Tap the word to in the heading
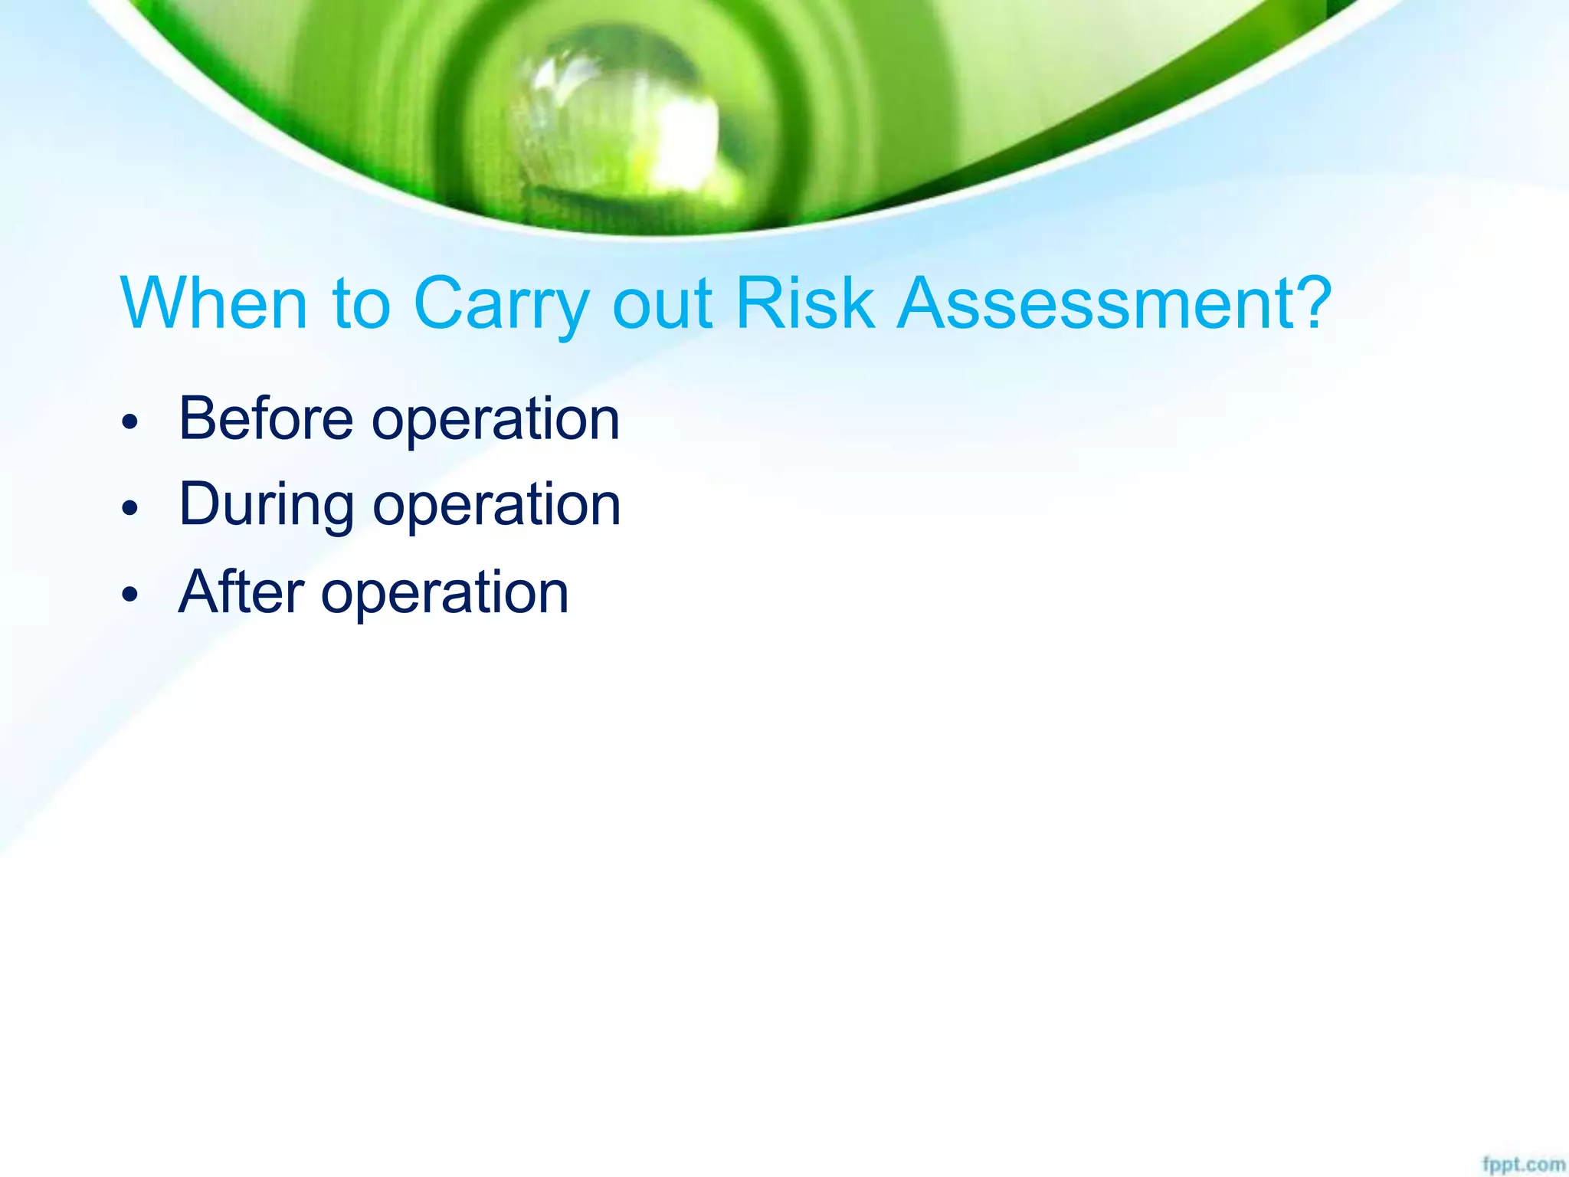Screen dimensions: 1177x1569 pyautogui.click(x=361, y=305)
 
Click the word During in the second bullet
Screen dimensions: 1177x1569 pyautogui.click(x=266, y=506)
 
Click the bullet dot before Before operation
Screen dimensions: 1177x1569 pyautogui.click(x=131, y=421)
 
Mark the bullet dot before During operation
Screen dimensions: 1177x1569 pyautogui.click(x=131, y=507)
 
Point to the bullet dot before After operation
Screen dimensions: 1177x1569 pyautogui.click(x=131, y=594)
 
